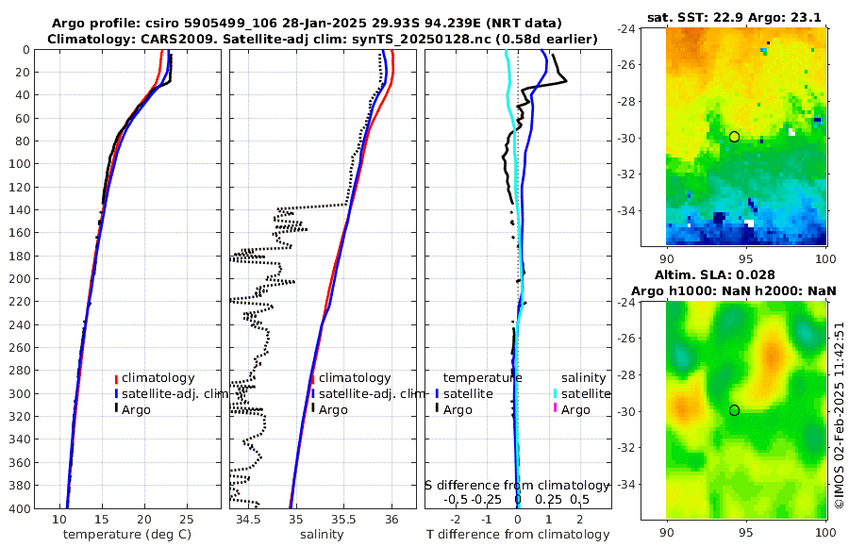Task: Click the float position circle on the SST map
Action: coord(734,137)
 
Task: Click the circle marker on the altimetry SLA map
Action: coord(734,410)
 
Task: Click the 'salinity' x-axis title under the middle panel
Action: coord(322,535)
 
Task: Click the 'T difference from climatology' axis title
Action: coord(519,535)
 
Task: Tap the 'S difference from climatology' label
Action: coord(519,485)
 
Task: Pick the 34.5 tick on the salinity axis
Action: coord(248,519)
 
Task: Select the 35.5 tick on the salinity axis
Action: coord(344,519)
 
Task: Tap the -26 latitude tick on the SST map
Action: coord(651,65)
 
